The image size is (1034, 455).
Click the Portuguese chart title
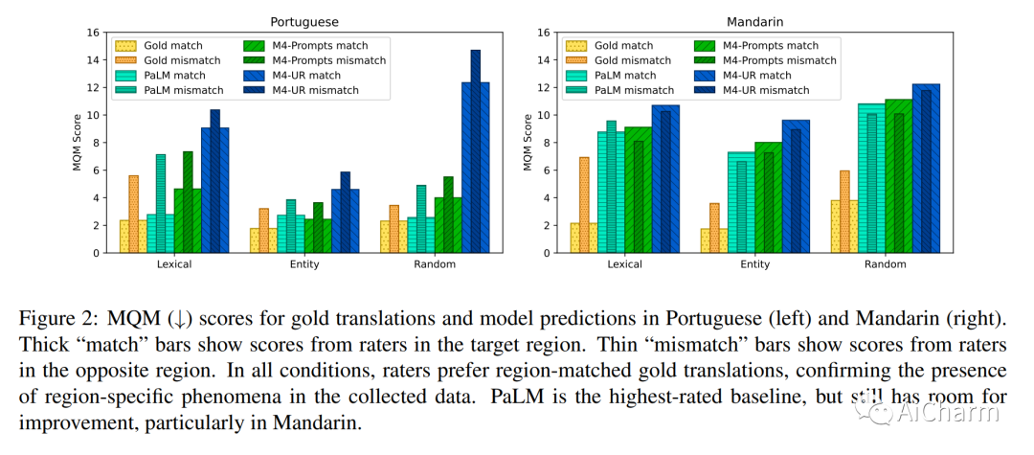click(x=304, y=21)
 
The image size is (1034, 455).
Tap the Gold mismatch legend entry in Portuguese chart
click(x=169, y=60)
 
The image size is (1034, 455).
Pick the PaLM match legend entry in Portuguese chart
click(x=164, y=76)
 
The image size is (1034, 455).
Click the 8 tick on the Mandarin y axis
click(x=545, y=143)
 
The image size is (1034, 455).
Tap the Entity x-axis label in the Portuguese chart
click(x=303, y=264)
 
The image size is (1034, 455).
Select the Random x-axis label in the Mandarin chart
click(x=885, y=264)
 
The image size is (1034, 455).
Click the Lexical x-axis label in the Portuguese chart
click(x=174, y=264)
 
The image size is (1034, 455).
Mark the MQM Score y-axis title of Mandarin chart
click(x=528, y=143)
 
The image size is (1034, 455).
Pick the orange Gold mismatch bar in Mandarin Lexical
click(x=584, y=205)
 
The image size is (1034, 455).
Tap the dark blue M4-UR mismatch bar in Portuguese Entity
click(x=345, y=213)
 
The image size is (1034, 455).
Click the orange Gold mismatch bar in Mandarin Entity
click(x=714, y=228)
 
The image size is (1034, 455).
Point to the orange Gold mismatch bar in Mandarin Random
click(x=844, y=212)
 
